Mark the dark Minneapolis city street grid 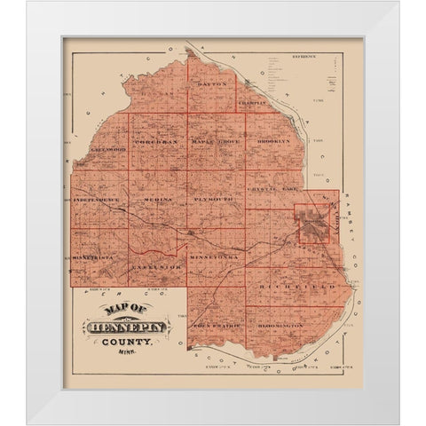tap(313, 225)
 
